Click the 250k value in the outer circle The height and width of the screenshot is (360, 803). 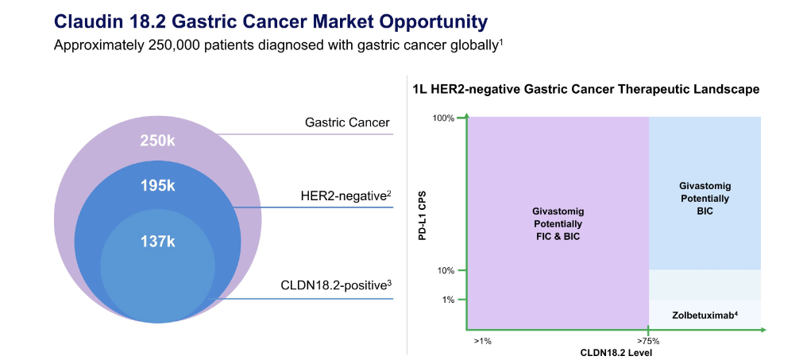pyautogui.click(x=157, y=141)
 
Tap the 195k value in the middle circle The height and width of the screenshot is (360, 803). pyautogui.click(x=157, y=186)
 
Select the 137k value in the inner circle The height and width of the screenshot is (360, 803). pyautogui.click(x=157, y=241)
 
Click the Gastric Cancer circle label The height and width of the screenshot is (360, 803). pyautogui.click(x=347, y=122)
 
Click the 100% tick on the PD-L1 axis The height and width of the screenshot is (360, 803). pyautogui.click(x=443, y=118)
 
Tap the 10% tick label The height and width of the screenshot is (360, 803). pyautogui.click(x=446, y=270)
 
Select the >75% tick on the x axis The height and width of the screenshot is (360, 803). pyautogui.click(x=648, y=340)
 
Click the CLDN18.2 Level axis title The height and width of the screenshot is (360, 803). pyautogui.click(x=615, y=351)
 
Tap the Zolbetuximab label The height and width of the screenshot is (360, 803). pyautogui.click(x=704, y=315)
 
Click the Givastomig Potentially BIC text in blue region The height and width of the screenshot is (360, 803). pyautogui.click(x=704, y=197)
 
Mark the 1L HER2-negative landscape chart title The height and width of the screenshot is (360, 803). pyautogui.click(x=586, y=90)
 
